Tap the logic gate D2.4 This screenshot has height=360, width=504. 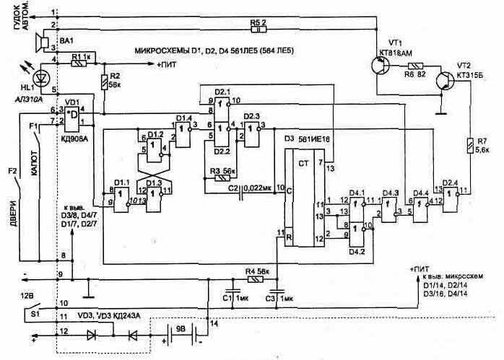[x=450, y=190]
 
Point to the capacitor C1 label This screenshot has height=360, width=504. [x=234, y=297]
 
